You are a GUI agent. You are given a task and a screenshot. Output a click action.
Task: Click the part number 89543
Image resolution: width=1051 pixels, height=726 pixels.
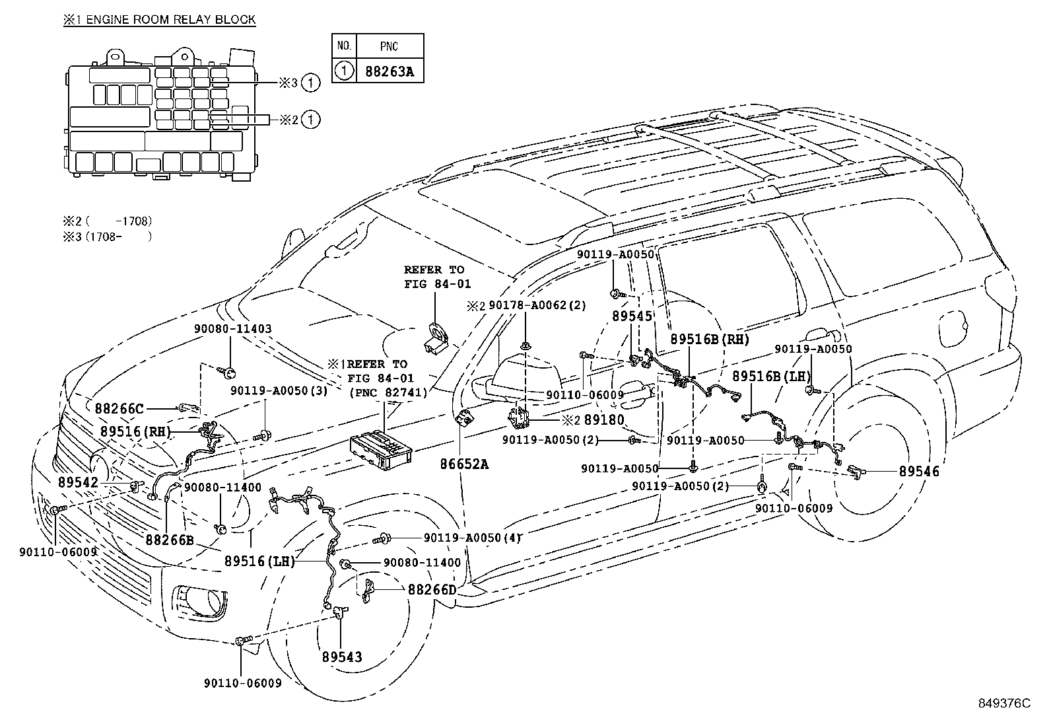click(342, 657)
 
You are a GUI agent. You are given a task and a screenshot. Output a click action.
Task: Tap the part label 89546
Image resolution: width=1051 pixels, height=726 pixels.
click(918, 472)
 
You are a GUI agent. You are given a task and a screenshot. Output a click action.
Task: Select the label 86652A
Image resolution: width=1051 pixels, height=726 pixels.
click(464, 464)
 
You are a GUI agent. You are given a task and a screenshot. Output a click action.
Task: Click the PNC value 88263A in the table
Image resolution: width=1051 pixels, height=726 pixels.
click(390, 71)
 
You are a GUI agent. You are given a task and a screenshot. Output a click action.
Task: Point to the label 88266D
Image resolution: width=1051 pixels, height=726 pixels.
click(431, 589)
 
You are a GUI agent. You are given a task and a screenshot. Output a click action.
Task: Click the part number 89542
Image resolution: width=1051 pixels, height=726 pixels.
click(78, 483)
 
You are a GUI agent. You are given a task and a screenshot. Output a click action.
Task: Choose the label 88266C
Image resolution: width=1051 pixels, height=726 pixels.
click(119, 409)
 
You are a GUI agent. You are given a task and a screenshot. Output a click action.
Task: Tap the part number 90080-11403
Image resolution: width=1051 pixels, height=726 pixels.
click(233, 328)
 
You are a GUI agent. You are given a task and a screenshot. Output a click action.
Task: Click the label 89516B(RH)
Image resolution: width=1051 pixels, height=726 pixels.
click(710, 339)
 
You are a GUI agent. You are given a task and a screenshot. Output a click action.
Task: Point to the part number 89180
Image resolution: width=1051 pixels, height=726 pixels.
click(603, 419)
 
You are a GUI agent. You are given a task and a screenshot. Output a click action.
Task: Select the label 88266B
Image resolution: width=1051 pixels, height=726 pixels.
click(169, 540)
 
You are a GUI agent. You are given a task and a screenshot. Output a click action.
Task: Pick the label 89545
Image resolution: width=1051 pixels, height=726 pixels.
click(631, 316)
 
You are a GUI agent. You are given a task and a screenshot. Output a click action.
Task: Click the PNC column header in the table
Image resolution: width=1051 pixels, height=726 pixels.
click(390, 46)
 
